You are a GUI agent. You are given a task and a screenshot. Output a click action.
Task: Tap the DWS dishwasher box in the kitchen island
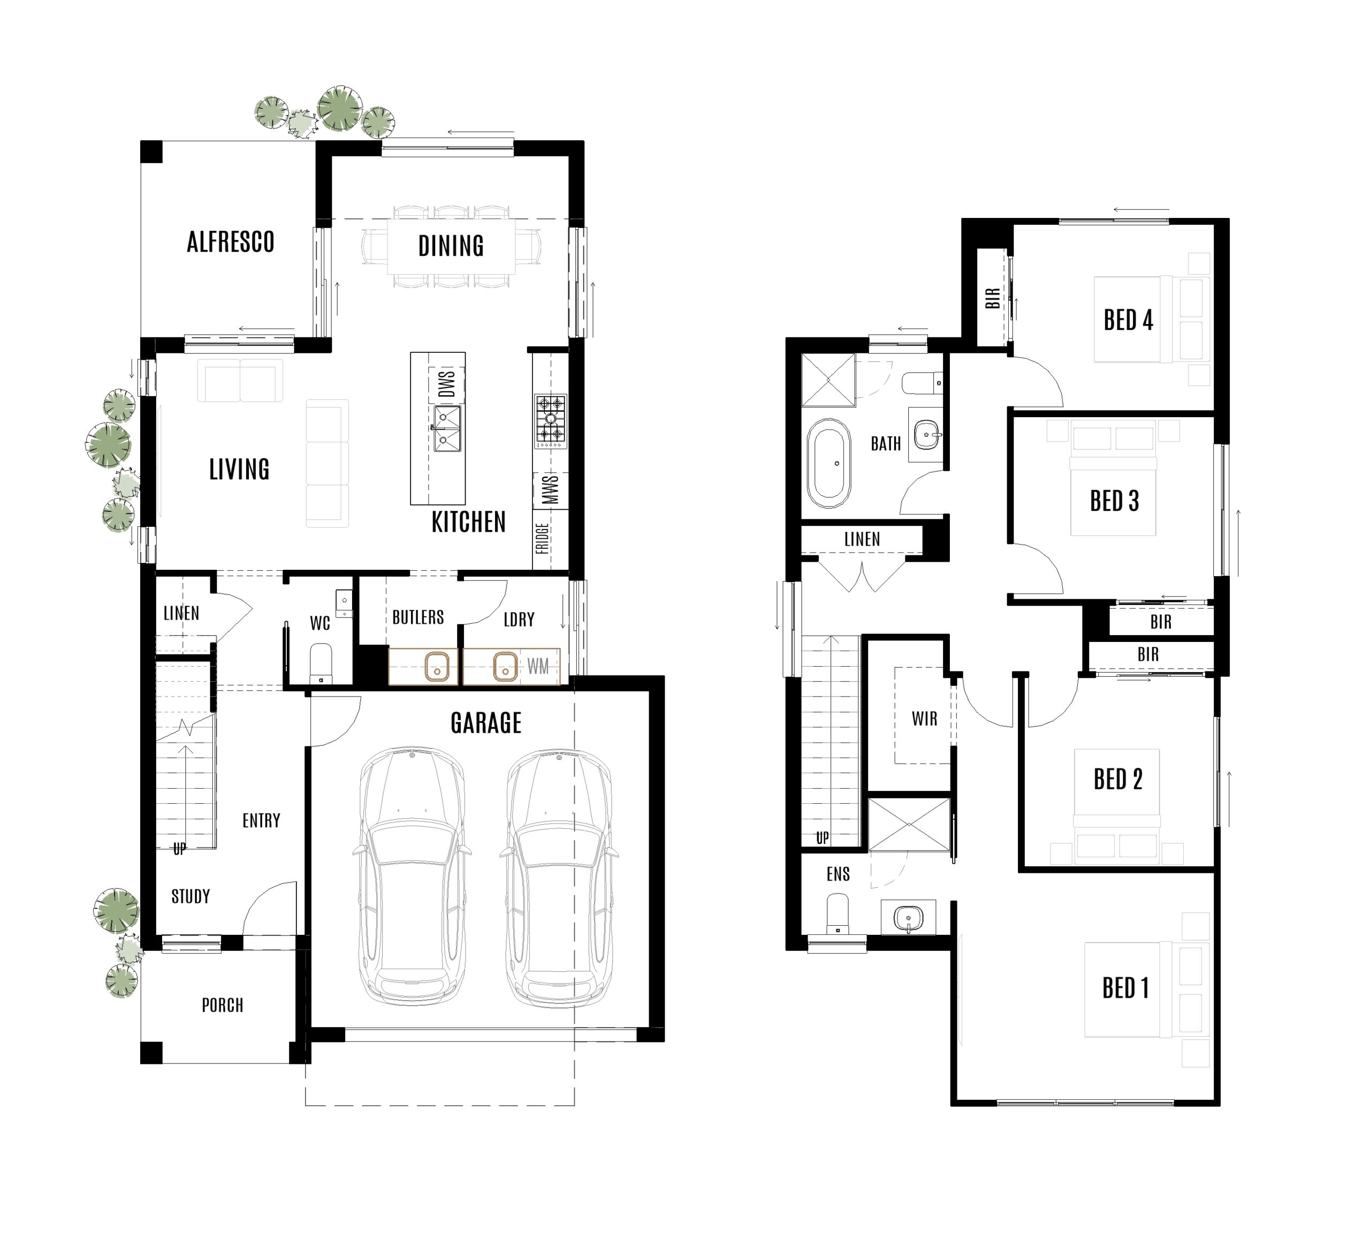[x=446, y=384]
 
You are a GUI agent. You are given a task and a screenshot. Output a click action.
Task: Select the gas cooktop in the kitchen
[x=551, y=421]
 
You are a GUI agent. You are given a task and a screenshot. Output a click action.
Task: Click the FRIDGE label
[x=542, y=538]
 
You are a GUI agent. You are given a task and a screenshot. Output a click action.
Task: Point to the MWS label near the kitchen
[x=551, y=489]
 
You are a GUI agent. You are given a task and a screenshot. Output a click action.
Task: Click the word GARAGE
[x=486, y=722]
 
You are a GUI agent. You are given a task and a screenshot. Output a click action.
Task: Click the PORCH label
[x=222, y=1005]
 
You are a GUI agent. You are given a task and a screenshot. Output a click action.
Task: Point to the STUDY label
[x=191, y=896]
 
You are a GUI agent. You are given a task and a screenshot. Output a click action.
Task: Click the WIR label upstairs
[x=924, y=719]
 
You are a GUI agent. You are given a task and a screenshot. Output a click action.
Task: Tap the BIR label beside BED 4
[x=992, y=298]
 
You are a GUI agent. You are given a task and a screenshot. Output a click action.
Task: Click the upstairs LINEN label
[x=862, y=539]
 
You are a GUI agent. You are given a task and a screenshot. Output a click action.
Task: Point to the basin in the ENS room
[x=908, y=918]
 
